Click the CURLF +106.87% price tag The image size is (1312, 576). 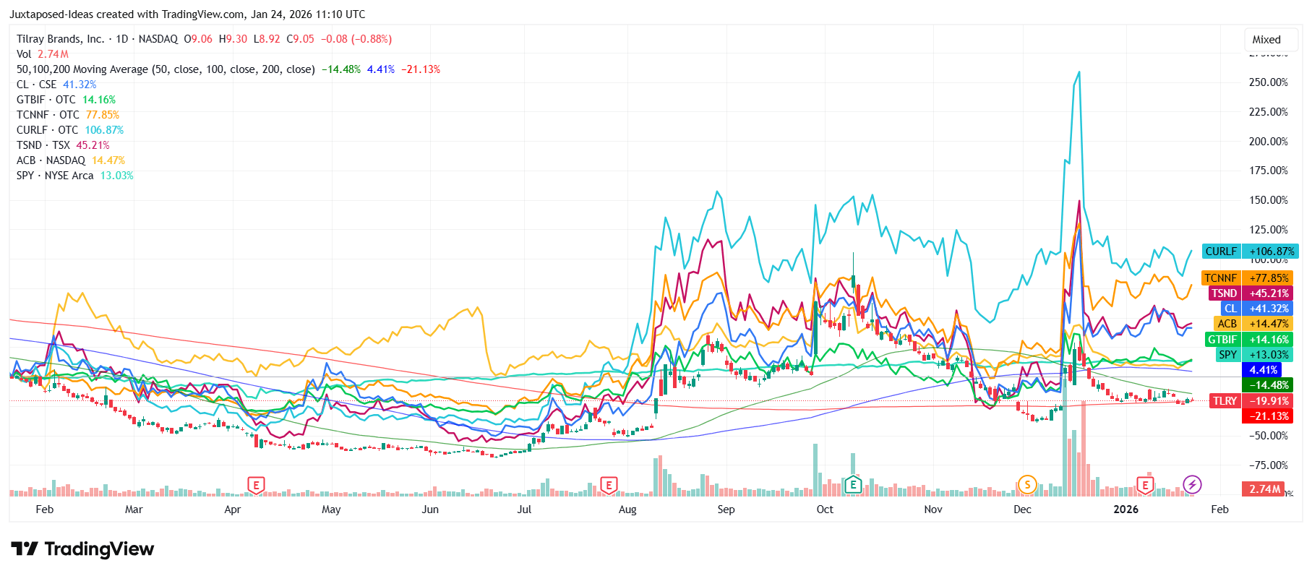(1250, 252)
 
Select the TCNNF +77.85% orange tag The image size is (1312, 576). (1247, 278)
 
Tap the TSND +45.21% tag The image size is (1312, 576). (1250, 293)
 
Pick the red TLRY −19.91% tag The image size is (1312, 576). (1250, 401)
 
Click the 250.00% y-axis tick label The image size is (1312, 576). (1268, 82)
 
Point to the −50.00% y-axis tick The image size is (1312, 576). (1268, 436)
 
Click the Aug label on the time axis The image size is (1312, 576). (627, 510)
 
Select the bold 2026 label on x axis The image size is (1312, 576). (1126, 510)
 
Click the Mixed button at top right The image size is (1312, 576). (1266, 40)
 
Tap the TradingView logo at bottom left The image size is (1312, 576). (82, 549)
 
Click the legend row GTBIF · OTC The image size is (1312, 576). (46, 100)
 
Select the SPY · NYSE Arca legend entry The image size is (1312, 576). (55, 176)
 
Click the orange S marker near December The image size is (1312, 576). (1026, 485)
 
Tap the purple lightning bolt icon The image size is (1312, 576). (1192, 484)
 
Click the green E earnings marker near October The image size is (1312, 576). (853, 485)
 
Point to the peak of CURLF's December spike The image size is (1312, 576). (1079, 72)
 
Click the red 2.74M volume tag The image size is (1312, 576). (1264, 489)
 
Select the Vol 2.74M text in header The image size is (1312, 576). (43, 54)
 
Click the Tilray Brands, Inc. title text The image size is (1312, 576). (61, 39)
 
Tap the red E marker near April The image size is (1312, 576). (256, 485)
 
